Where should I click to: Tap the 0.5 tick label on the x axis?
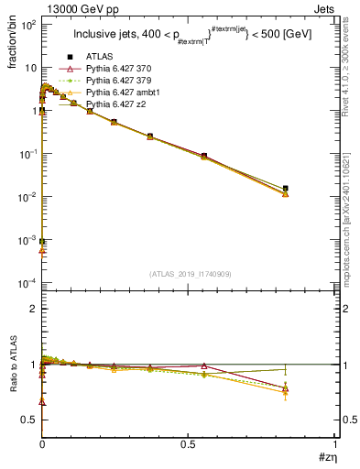(x=188, y=443)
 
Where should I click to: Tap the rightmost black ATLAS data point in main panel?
(x=286, y=188)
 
